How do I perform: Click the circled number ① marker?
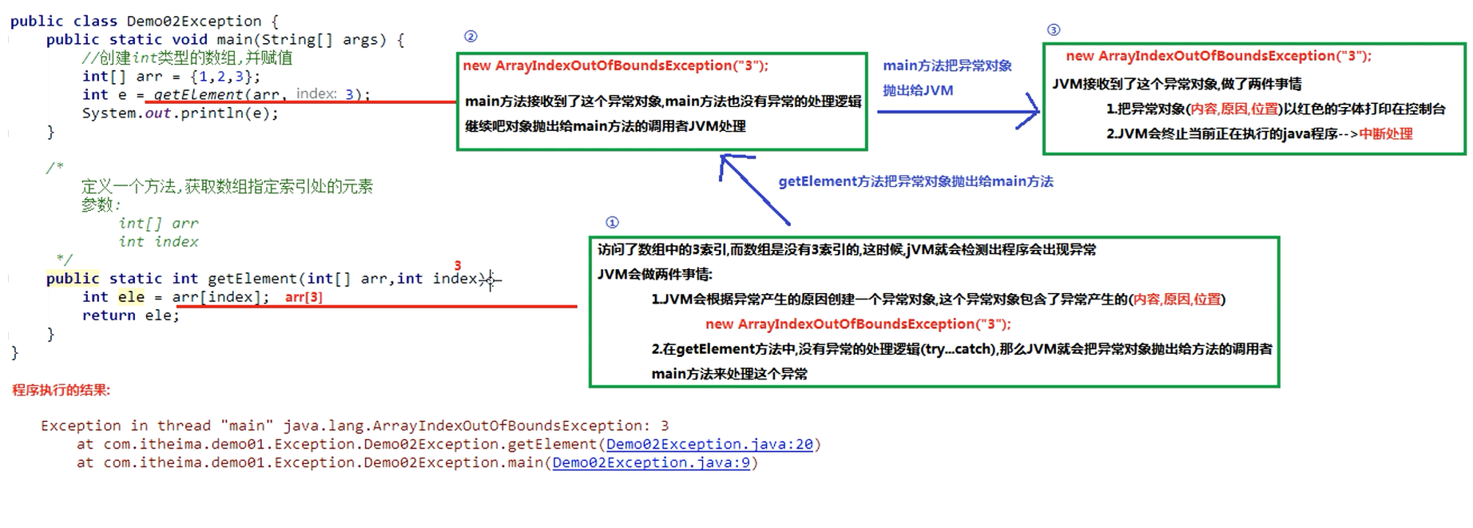(x=612, y=222)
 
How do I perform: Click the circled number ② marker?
(x=470, y=37)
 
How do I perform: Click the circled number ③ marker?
(x=1054, y=30)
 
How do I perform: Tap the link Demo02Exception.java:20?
(x=709, y=444)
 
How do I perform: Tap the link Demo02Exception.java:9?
(x=651, y=462)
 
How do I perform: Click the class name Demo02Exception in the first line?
(x=193, y=21)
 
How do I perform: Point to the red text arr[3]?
(x=304, y=297)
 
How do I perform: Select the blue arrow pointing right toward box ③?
(x=959, y=112)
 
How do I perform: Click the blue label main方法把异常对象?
(x=947, y=66)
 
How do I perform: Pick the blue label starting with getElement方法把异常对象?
(x=915, y=181)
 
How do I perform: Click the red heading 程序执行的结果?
(x=62, y=390)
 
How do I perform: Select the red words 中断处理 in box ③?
(x=1386, y=134)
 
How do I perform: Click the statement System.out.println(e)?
(x=180, y=113)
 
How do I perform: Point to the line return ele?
(x=130, y=316)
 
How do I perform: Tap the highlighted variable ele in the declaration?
(x=131, y=297)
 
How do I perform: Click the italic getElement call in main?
(x=197, y=94)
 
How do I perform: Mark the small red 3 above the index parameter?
(x=458, y=265)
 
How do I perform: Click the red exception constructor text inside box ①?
(x=858, y=324)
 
